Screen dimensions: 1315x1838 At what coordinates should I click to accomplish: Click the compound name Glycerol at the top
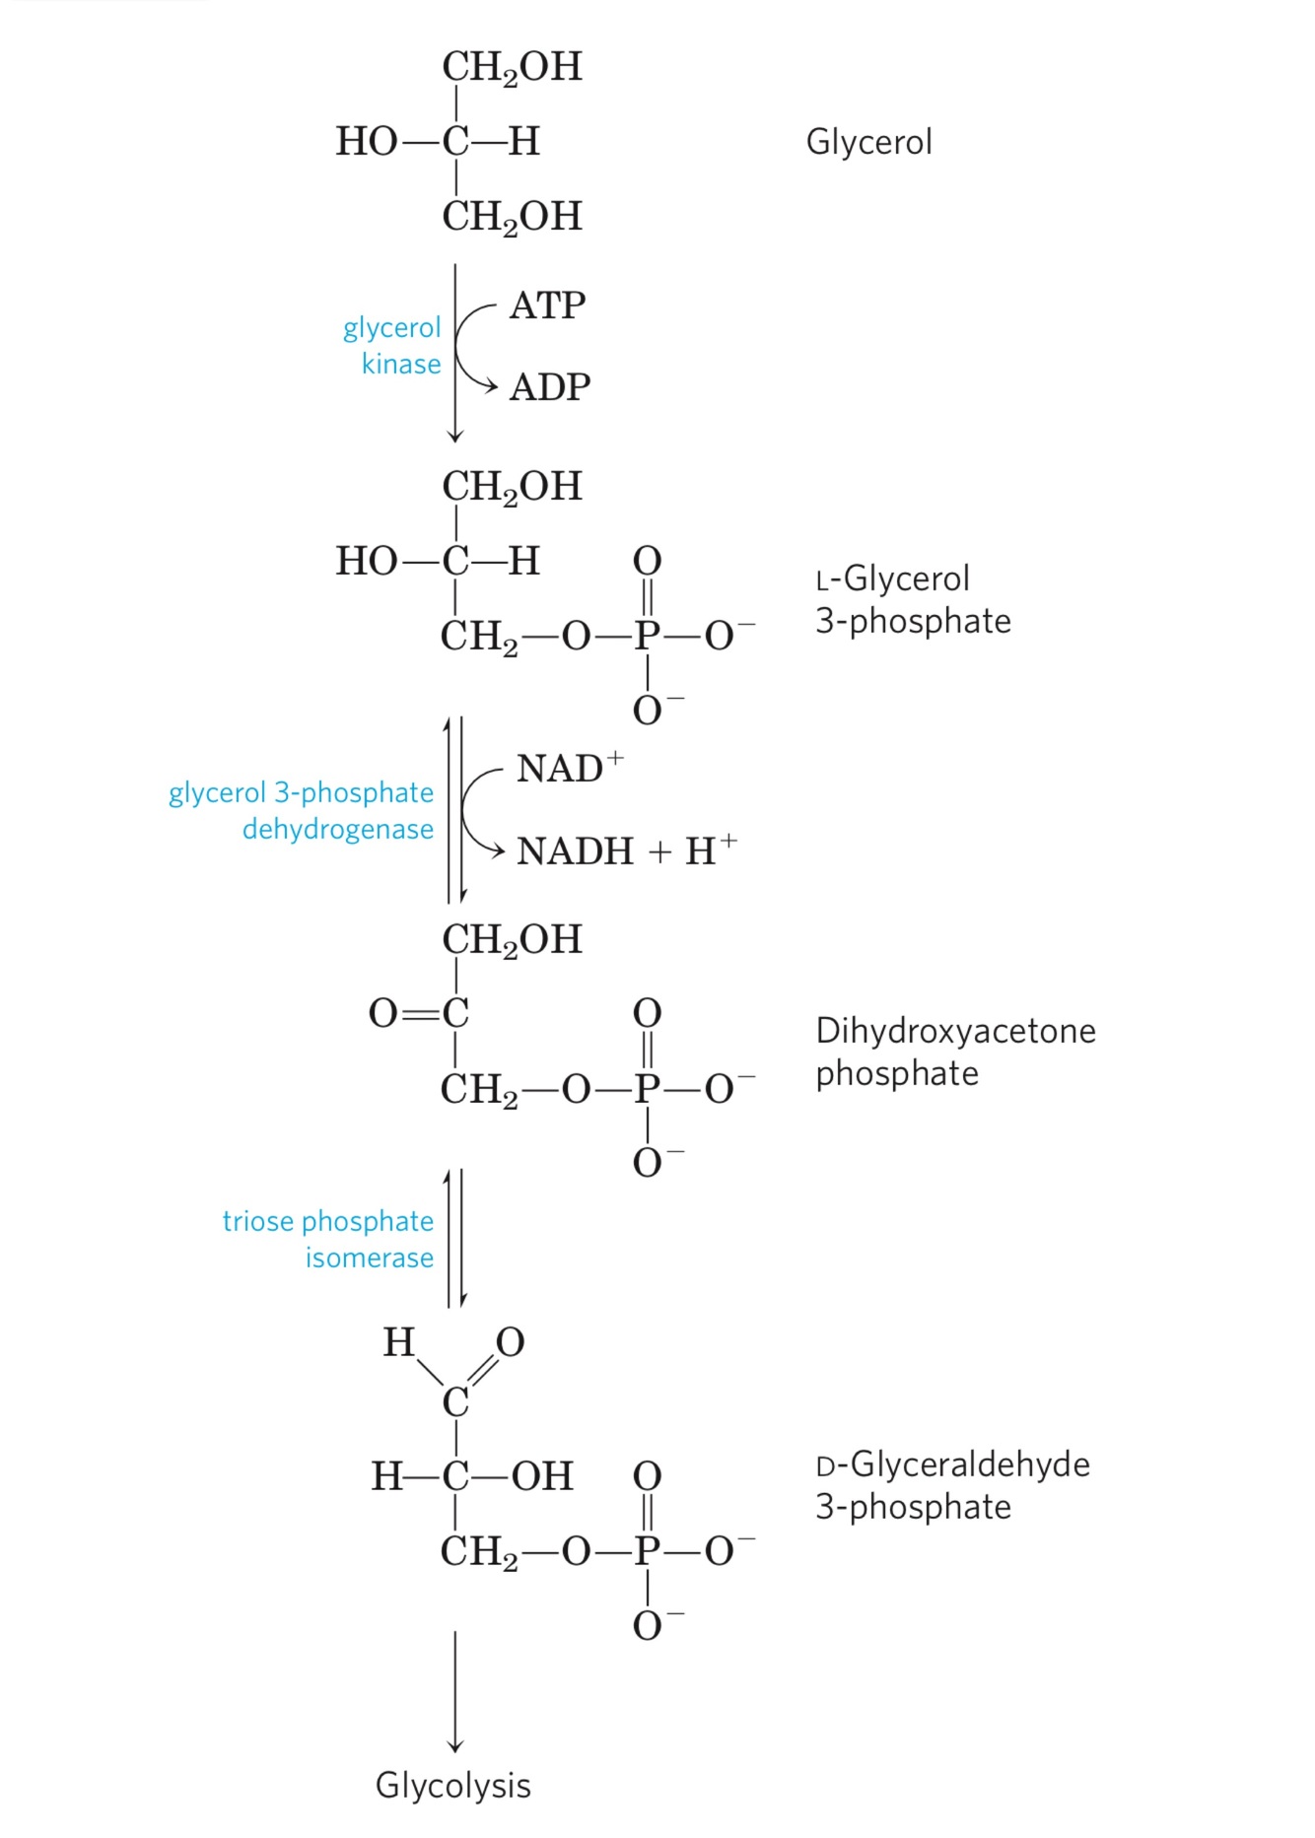(868, 142)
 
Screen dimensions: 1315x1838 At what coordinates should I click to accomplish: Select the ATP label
(547, 306)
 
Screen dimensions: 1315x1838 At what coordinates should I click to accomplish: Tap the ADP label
(549, 387)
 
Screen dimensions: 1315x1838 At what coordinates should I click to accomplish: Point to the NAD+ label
(569, 768)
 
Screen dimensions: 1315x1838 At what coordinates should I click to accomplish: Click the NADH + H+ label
(626, 850)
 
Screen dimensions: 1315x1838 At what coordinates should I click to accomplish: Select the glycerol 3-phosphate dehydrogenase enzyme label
(302, 810)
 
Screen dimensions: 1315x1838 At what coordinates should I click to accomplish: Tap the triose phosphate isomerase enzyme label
(328, 1239)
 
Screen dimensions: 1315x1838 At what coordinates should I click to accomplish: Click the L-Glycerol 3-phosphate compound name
(912, 599)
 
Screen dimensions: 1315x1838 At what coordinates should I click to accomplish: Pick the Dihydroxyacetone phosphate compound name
(954, 1052)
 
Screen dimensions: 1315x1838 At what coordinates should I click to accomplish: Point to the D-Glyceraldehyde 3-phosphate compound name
(951, 1485)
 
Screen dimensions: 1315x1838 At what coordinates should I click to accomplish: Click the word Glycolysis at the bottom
(453, 1785)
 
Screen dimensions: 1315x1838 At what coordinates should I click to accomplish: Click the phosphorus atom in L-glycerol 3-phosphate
(647, 636)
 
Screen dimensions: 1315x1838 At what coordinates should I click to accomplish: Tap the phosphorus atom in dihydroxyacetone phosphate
(647, 1089)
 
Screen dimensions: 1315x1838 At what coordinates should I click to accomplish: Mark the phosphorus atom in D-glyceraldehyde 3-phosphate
(647, 1551)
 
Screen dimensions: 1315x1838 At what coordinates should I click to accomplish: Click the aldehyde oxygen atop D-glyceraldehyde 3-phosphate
(510, 1341)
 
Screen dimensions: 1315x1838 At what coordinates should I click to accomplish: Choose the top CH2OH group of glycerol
(512, 67)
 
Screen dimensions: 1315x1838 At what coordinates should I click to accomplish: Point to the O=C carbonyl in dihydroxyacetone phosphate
(418, 1013)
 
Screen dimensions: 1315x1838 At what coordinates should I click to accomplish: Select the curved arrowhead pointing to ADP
(489, 387)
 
